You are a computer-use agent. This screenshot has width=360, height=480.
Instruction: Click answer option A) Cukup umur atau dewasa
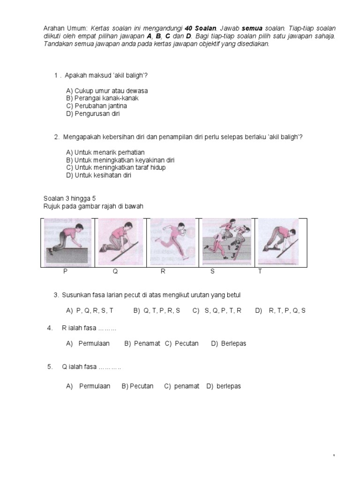tap(107, 90)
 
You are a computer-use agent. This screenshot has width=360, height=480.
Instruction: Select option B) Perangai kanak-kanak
tap(102, 98)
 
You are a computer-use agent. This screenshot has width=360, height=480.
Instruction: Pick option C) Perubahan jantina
tap(97, 105)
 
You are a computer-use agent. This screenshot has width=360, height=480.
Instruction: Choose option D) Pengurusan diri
tap(93, 113)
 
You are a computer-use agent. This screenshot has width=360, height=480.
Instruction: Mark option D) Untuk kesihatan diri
tap(98, 175)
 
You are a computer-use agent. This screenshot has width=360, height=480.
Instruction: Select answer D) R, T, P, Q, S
tap(280, 310)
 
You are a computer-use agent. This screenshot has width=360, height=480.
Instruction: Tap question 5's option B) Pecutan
tap(137, 386)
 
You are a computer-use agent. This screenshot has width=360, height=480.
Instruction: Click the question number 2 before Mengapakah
tap(56, 137)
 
